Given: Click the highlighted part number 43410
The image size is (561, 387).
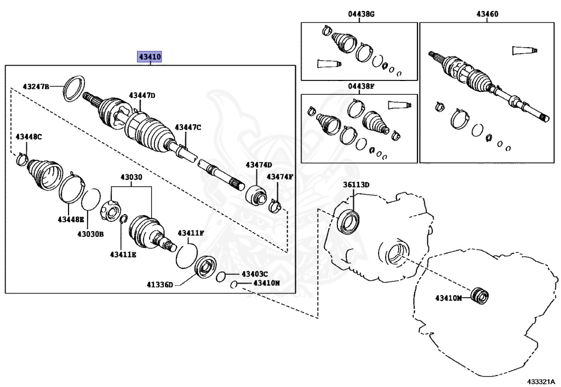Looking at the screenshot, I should (150, 57).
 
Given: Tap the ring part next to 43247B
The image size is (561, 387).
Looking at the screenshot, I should (74, 87).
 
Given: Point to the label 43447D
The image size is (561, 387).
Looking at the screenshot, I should (142, 95).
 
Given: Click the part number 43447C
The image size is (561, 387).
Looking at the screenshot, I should (188, 128).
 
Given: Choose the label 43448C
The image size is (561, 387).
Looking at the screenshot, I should (28, 136).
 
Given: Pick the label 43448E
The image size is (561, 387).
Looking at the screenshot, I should (71, 220).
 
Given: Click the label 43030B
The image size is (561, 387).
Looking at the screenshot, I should (90, 234).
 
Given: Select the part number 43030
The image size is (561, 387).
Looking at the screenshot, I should (131, 178).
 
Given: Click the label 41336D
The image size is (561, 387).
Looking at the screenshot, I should (159, 285).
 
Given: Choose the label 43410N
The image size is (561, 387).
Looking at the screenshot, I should (266, 283).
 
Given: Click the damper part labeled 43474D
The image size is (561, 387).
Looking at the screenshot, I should (256, 194).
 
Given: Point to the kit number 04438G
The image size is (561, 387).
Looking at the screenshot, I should (360, 15).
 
